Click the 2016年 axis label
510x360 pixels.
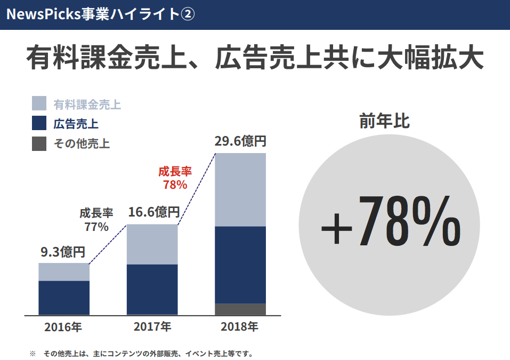[x=63, y=326]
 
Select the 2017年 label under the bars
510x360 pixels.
[x=152, y=326]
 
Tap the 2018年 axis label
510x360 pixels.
[x=240, y=326]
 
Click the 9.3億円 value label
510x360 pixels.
[x=63, y=252]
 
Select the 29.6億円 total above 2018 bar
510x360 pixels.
[x=240, y=142]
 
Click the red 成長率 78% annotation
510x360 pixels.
[x=175, y=178]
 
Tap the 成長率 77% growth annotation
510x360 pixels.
[x=96, y=220]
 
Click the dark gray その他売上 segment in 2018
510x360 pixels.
[x=240, y=309]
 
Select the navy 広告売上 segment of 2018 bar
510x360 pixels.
[x=240, y=265]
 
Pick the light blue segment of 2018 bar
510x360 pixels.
[x=240, y=190]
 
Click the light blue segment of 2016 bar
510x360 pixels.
[x=63, y=272]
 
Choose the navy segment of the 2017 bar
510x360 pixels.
[x=152, y=289]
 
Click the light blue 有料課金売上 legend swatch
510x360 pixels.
[x=39, y=103]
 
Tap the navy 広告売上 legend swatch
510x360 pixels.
[x=39, y=123]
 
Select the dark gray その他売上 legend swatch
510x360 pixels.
[x=39, y=143]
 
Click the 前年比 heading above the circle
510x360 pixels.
[x=384, y=121]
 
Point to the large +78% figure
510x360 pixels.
[x=391, y=221]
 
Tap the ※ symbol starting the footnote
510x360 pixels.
[x=32, y=353]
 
